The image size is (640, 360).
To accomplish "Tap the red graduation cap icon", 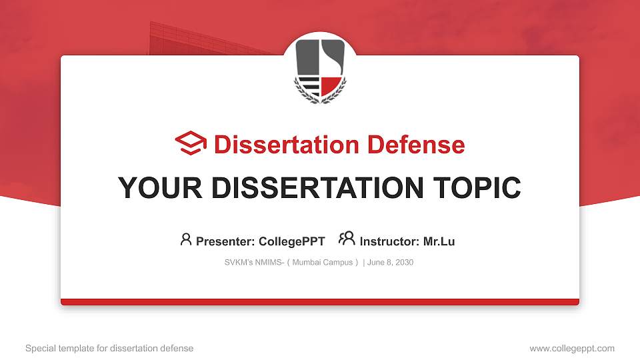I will (191, 143).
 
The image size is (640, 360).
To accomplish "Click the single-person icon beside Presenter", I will (186, 239).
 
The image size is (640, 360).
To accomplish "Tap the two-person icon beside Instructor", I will (347, 239).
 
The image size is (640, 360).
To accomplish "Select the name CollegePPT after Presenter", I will (291, 241).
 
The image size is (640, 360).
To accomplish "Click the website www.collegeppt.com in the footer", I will (572, 348).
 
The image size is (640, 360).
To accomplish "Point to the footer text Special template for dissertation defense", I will (109, 348).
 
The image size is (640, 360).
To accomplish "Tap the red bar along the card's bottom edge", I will (320, 302).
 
